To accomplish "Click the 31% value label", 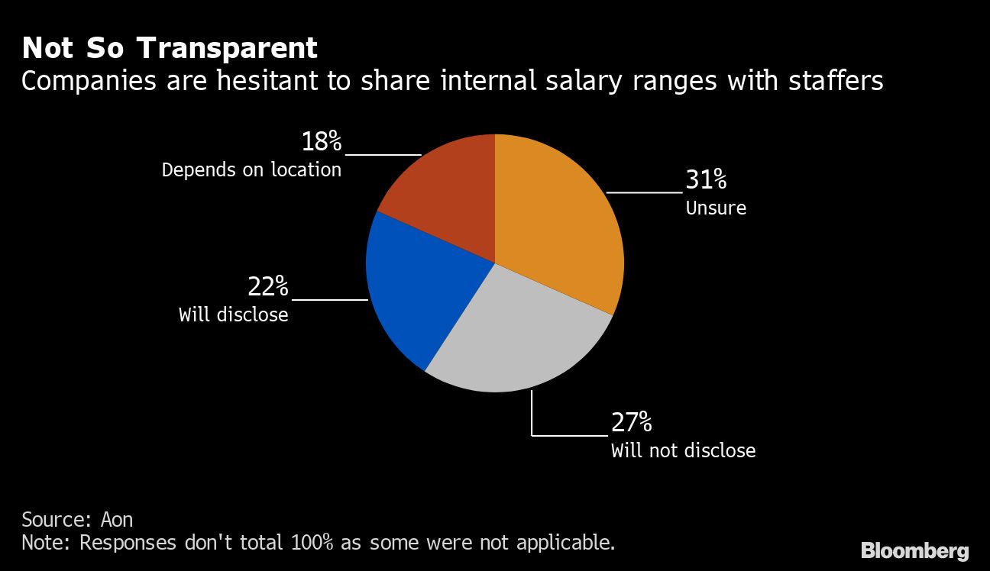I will (x=705, y=180).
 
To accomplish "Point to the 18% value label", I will (x=322, y=142).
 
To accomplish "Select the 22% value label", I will (x=267, y=287).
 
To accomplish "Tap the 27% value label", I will (x=631, y=422).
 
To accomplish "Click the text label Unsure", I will (x=716, y=208).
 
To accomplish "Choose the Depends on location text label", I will (x=251, y=169).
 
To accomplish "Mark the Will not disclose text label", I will (x=683, y=450).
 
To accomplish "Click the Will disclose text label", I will (x=233, y=315).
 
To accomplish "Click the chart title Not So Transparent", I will (x=170, y=48).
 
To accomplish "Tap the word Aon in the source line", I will (x=117, y=520).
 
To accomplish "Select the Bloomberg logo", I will (x=914, y=550).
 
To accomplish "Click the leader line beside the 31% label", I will (x=644, y=192).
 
